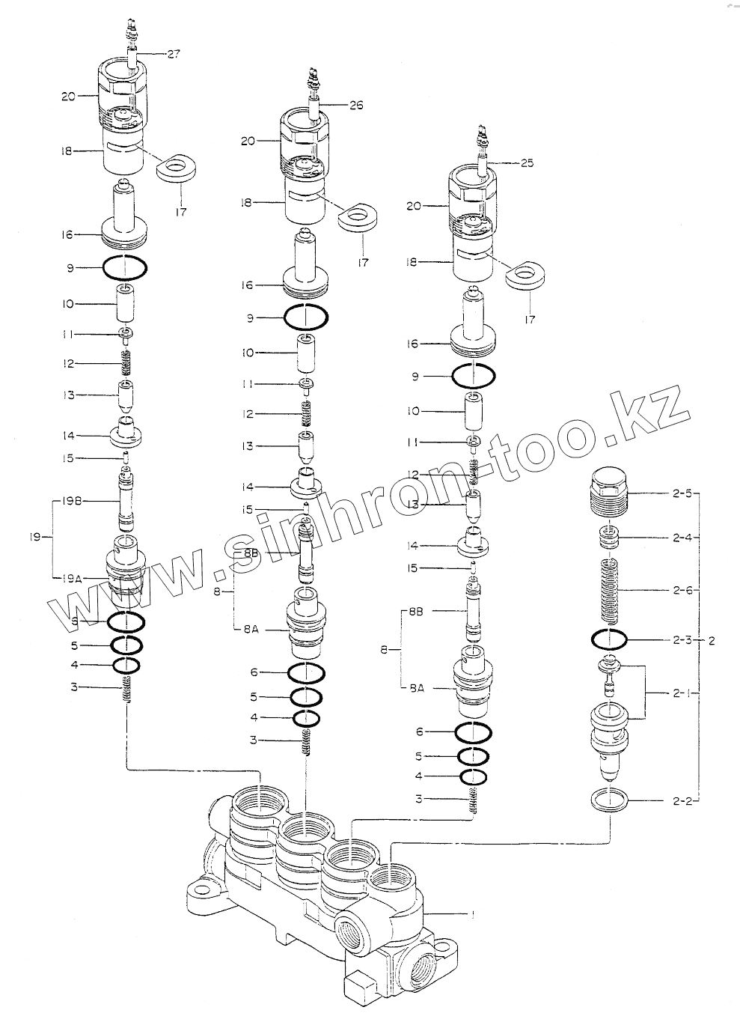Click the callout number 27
pyautogui.click(x=174, y=54)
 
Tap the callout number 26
pyautogui.click(x=355, y=105)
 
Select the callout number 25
pyautogui.click(x=527, y=163)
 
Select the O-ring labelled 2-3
pyautogui.click(x=609, y=640)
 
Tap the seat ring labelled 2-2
pyautogui.click(x=609, y=801)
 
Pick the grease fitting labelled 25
pyautogui.click(x=482, y=144)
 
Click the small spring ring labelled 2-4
pyautogui.click(x=609, y=537)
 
